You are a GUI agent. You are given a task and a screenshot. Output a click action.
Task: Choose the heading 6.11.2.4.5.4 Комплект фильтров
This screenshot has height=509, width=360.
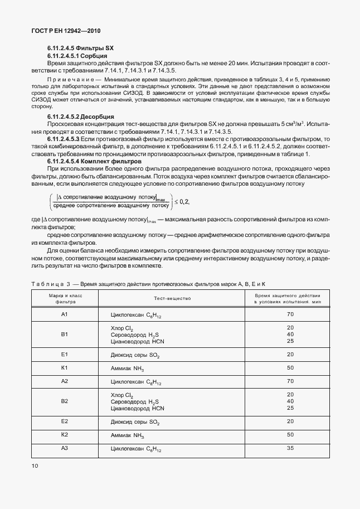pyautogui.click(x=94, y=161)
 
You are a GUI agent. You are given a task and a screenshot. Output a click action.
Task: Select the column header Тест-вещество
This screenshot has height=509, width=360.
pyautogui.click(x=172, y=298)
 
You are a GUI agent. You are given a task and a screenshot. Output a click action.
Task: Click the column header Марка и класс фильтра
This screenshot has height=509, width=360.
pyautogui.click(x=65, y=298)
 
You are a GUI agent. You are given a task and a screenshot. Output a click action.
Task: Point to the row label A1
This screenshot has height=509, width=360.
pyautogui.click(x=64, y=314)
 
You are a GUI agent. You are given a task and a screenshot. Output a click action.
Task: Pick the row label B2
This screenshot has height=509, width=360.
pyautogui.click(x=64, y=401)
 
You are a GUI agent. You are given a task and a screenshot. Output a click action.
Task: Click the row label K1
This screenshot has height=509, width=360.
pyautogui.click(x=64, y=367)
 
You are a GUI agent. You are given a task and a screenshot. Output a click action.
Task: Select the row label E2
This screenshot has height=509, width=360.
pyautogui.click(x=64, y=421)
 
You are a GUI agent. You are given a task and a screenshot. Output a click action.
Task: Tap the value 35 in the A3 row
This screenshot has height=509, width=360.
pyautogui.click(x=290, y=448)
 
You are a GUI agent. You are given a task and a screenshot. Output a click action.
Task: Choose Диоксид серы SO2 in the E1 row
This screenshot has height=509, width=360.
pyautogui.click(x=135, y=355)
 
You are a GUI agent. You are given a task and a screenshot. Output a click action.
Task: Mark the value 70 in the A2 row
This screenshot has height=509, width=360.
pyautogui.click(x=290, y=381)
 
